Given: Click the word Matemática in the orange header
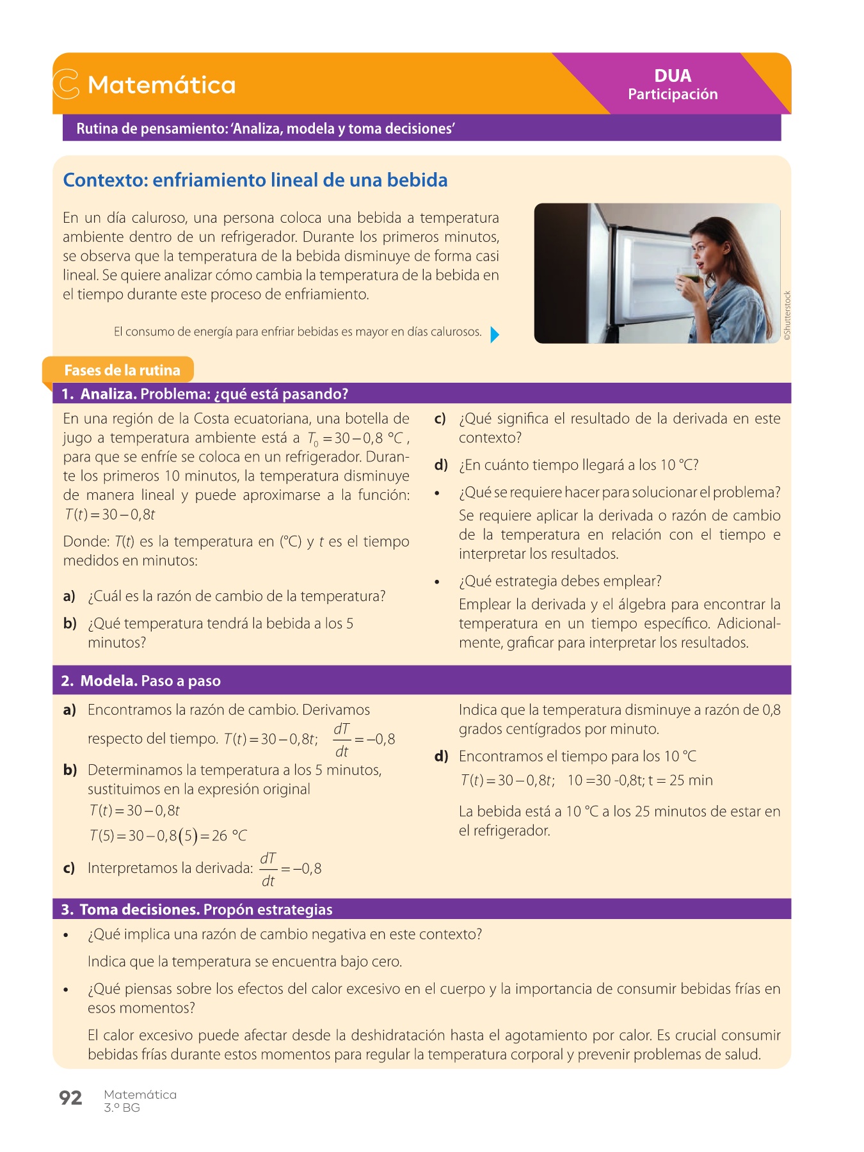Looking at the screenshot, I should pyautogui.click(x=161, y=85).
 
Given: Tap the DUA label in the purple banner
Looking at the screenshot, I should pyautogui.click(x=673, y=76).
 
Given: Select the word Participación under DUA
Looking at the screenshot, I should pyautogui.click(x=673, y=95).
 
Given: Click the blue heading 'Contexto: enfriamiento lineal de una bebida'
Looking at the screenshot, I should pyautogui.click(x=255, y=180).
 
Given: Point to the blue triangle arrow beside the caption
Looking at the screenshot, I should pyautogui.click(x=494, y=334).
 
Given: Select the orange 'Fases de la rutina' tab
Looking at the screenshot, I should pyautogui.click(x=122, y=371).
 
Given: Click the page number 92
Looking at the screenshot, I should pyautogui.click(x=70, y=1098).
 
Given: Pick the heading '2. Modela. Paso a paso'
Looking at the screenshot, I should pyautogui.click(x=141, y=681).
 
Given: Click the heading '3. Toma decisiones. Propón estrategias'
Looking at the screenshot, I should pyautogui.click(x=196, y=909).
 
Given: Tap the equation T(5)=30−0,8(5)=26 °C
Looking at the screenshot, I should pyautogui.click(x=168, y=836).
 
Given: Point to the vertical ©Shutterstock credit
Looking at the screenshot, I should pyautogui.click(x=787, y=316).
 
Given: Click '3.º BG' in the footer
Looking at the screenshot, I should pyautogui.click(x=122, y=1108).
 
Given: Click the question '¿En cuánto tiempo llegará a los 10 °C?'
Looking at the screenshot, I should pyautogui.click(x=579, y=465).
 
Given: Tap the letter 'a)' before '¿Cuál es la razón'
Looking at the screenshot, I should pyautogui.click(x=69, y=596).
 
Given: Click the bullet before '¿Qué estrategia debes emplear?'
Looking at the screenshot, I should pyautogui.click(x=438, y=582).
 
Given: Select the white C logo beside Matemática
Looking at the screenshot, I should pyautogui.click(x=66, y=84).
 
